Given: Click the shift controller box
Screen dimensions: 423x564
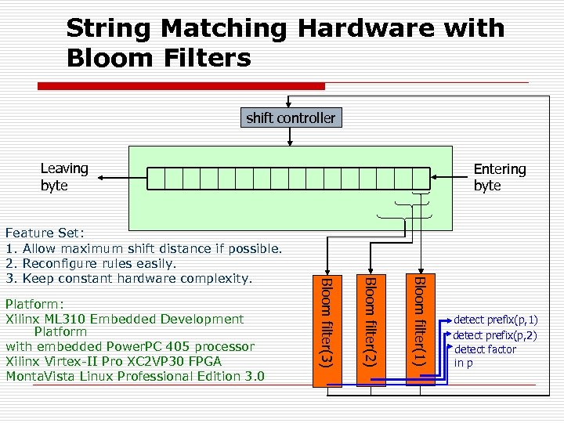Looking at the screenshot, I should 290,118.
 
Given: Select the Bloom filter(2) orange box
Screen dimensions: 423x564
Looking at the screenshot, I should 372,329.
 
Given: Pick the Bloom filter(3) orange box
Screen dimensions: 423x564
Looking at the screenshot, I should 327,329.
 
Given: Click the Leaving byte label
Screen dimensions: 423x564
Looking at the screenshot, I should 64,177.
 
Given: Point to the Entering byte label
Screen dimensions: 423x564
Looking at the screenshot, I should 499,177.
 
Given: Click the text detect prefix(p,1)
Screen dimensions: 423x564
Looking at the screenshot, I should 496,320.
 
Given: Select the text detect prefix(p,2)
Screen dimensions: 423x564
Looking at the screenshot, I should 496,335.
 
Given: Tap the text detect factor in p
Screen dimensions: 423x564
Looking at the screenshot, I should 486,356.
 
